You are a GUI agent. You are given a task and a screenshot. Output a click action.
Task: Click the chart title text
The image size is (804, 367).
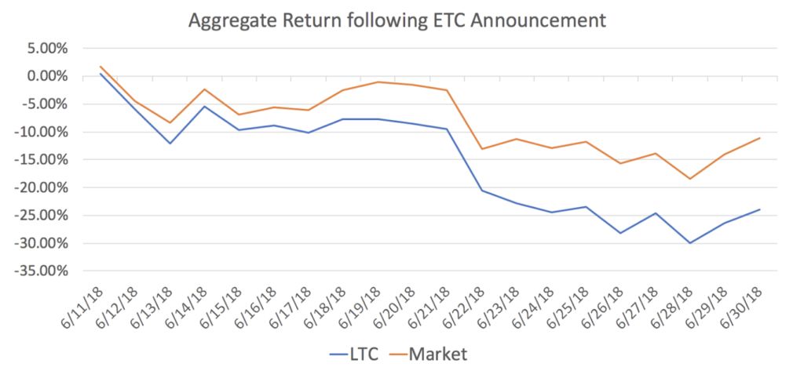click(397, 20)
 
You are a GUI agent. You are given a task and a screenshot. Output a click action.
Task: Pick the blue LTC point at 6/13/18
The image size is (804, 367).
click(170, 144)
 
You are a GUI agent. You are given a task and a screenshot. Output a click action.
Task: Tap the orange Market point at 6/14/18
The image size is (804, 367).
click(204, 89)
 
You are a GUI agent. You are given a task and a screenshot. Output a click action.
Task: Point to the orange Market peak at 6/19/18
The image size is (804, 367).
click(378, 82)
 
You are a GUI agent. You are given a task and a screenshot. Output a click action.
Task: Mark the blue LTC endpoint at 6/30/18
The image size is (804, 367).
click(760, 209)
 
